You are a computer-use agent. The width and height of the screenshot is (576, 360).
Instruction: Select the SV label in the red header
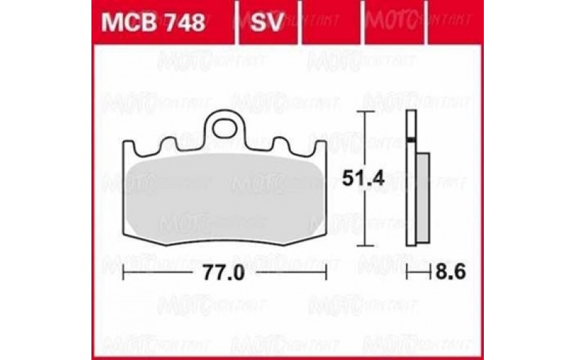click(x=268, y=23)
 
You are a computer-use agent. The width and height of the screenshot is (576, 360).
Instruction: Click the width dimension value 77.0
click(x=225, y=273)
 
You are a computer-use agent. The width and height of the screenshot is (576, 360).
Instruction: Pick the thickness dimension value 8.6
click(x=444, y=273)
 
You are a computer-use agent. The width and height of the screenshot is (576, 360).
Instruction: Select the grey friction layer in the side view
click(x=423, y=191)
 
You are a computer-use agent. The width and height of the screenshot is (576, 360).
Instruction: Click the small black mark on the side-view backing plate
click(x=411, y=138)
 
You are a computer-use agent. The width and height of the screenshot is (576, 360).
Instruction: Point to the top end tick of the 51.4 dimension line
click(x=367, y=113)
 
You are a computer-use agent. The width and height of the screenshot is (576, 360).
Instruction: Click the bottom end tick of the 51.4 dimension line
click(x=367, y=246)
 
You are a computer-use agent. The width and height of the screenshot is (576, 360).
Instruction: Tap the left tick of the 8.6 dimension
click(x=407, y=273)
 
